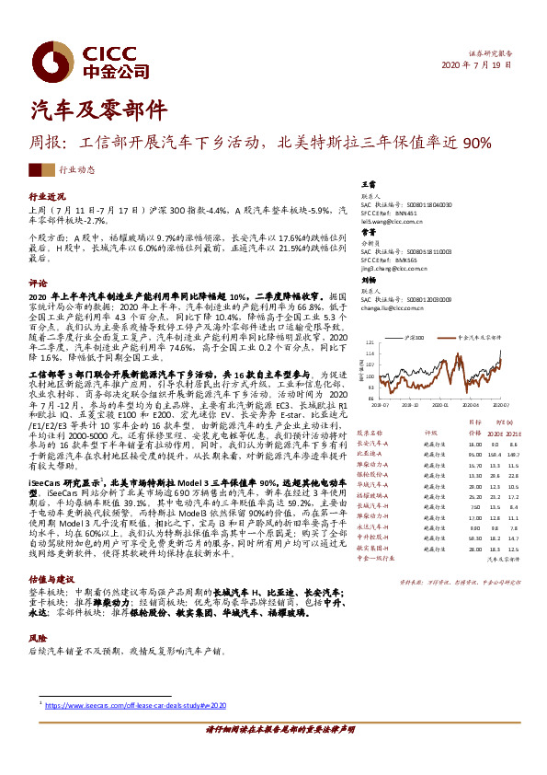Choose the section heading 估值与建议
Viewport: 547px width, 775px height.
pos(52,579)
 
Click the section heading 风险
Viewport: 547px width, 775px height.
pos(38,637)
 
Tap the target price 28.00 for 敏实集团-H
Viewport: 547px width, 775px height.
pos(450,548)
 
